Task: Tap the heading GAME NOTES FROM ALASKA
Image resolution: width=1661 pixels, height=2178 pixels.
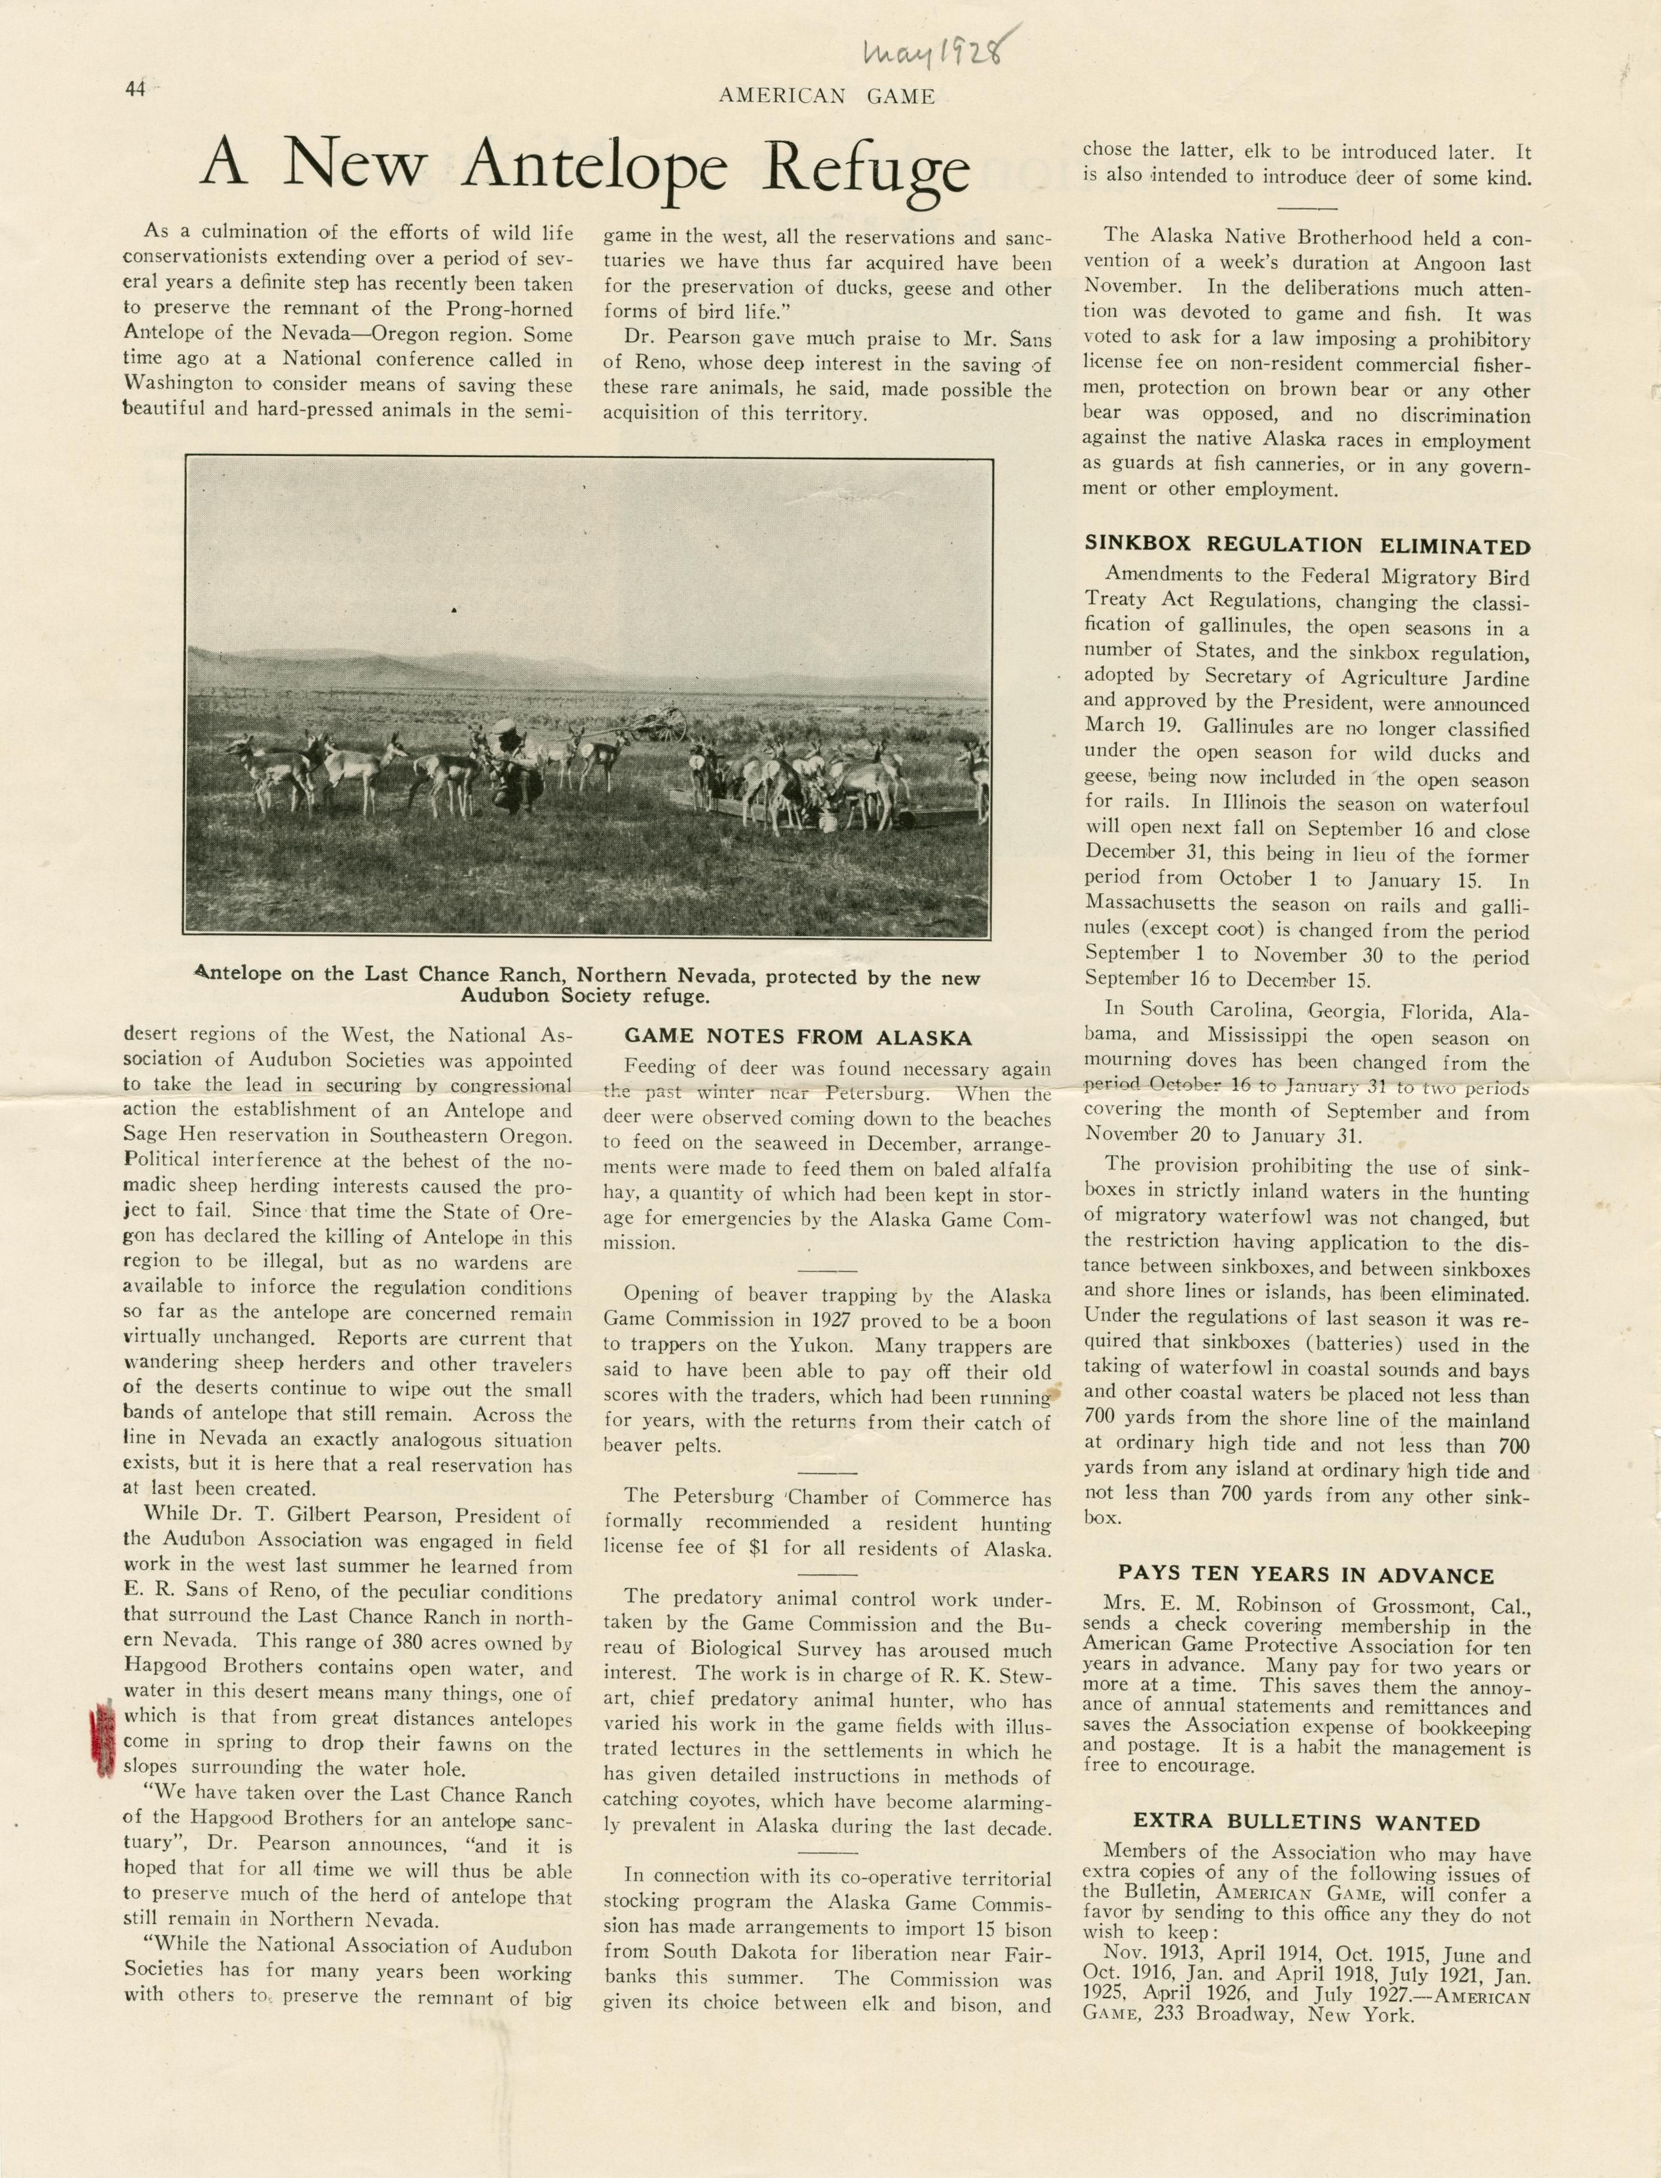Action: (x=798, y=1038)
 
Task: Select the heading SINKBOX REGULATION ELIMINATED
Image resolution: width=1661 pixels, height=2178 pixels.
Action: (x=1307, y=545)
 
